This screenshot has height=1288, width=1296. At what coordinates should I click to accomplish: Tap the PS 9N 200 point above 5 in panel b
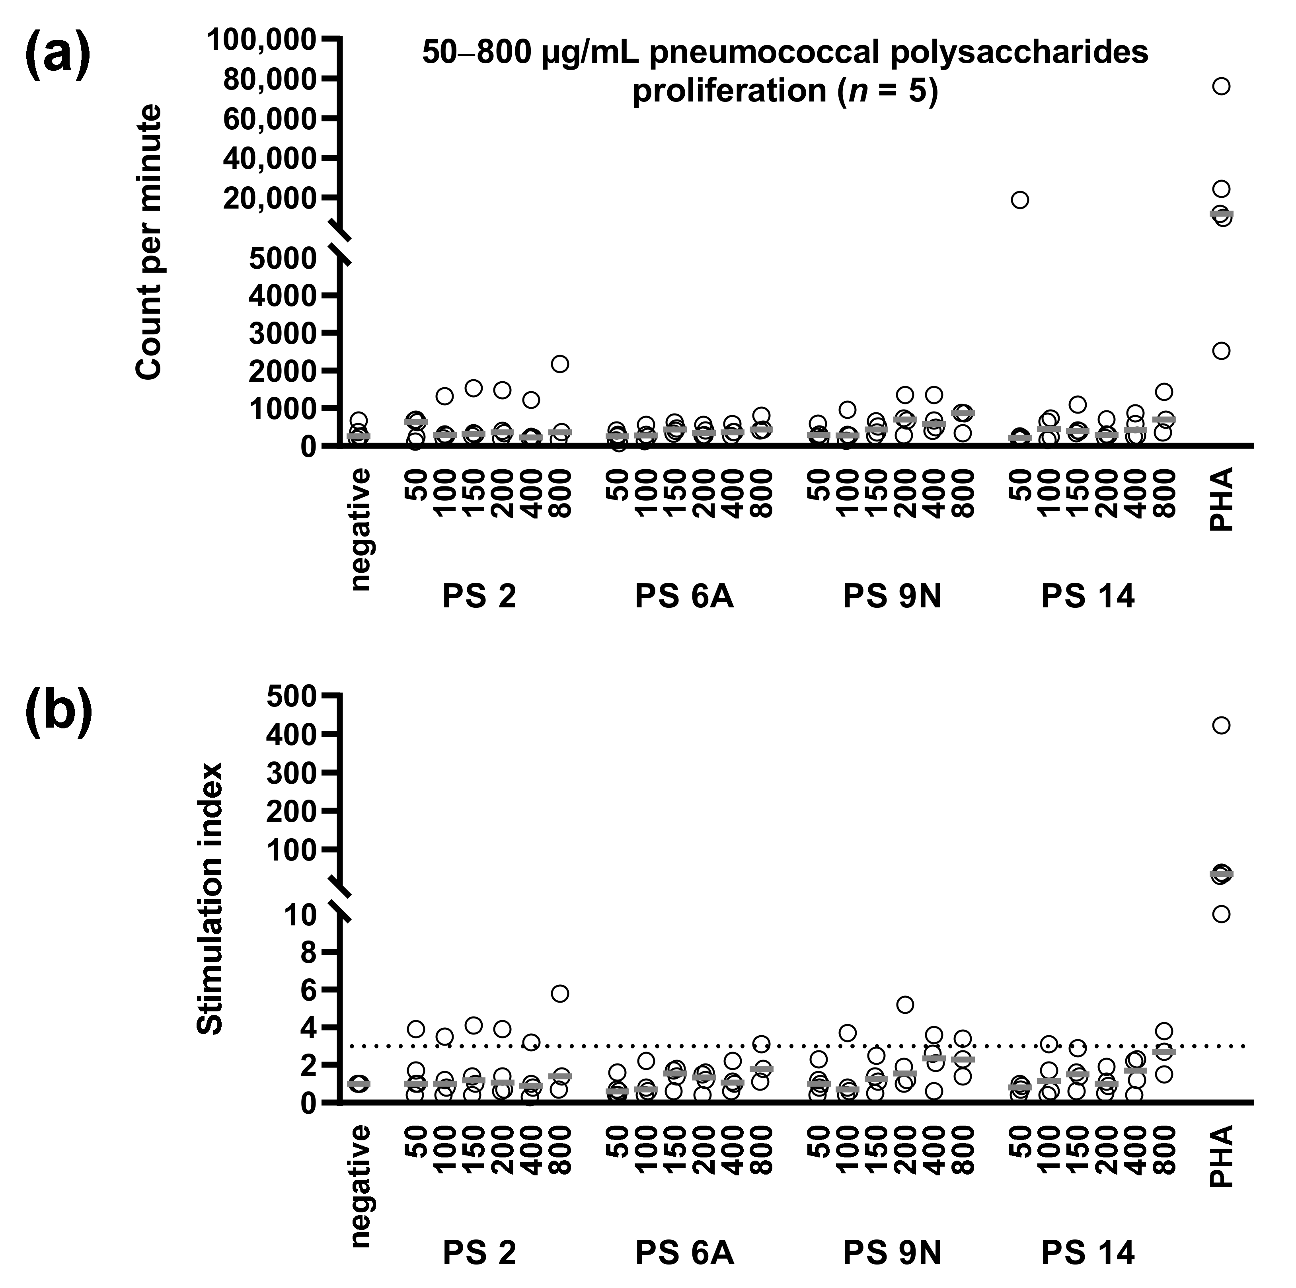tap(905, 1004)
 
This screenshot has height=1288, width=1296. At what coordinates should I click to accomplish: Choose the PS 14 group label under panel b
tap(1087, 1252)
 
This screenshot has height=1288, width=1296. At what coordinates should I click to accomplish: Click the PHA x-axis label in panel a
tap(1222, 500)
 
